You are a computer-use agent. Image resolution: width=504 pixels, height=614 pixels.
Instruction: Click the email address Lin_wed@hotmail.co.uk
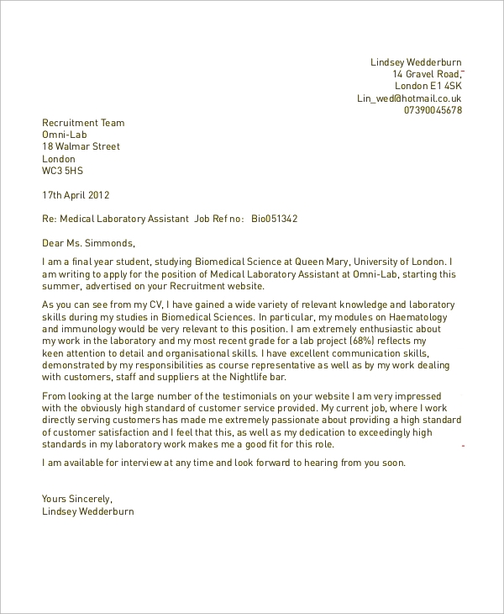coord(409,98)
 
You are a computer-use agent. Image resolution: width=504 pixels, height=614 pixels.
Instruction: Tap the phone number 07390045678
coord(433,110)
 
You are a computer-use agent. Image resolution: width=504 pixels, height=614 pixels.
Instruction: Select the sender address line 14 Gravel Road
coord(427,74)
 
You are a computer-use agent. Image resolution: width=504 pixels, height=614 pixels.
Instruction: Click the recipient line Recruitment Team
coord(83,123)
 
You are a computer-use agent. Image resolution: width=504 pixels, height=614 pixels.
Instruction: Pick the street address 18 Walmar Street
coord(81,146)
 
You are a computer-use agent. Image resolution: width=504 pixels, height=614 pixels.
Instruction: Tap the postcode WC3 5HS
coord(63,171)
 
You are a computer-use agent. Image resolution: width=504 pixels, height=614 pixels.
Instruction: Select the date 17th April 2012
coord(76,195)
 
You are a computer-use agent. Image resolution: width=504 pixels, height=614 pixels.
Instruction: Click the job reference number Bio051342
coord(275,220)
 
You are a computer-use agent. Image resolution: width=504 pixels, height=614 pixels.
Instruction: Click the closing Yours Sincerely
coord(76,499)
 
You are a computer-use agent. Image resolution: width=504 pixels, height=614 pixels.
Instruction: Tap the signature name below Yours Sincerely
coord(88,511)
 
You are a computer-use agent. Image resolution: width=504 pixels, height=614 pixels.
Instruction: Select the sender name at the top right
coord(416,62)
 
